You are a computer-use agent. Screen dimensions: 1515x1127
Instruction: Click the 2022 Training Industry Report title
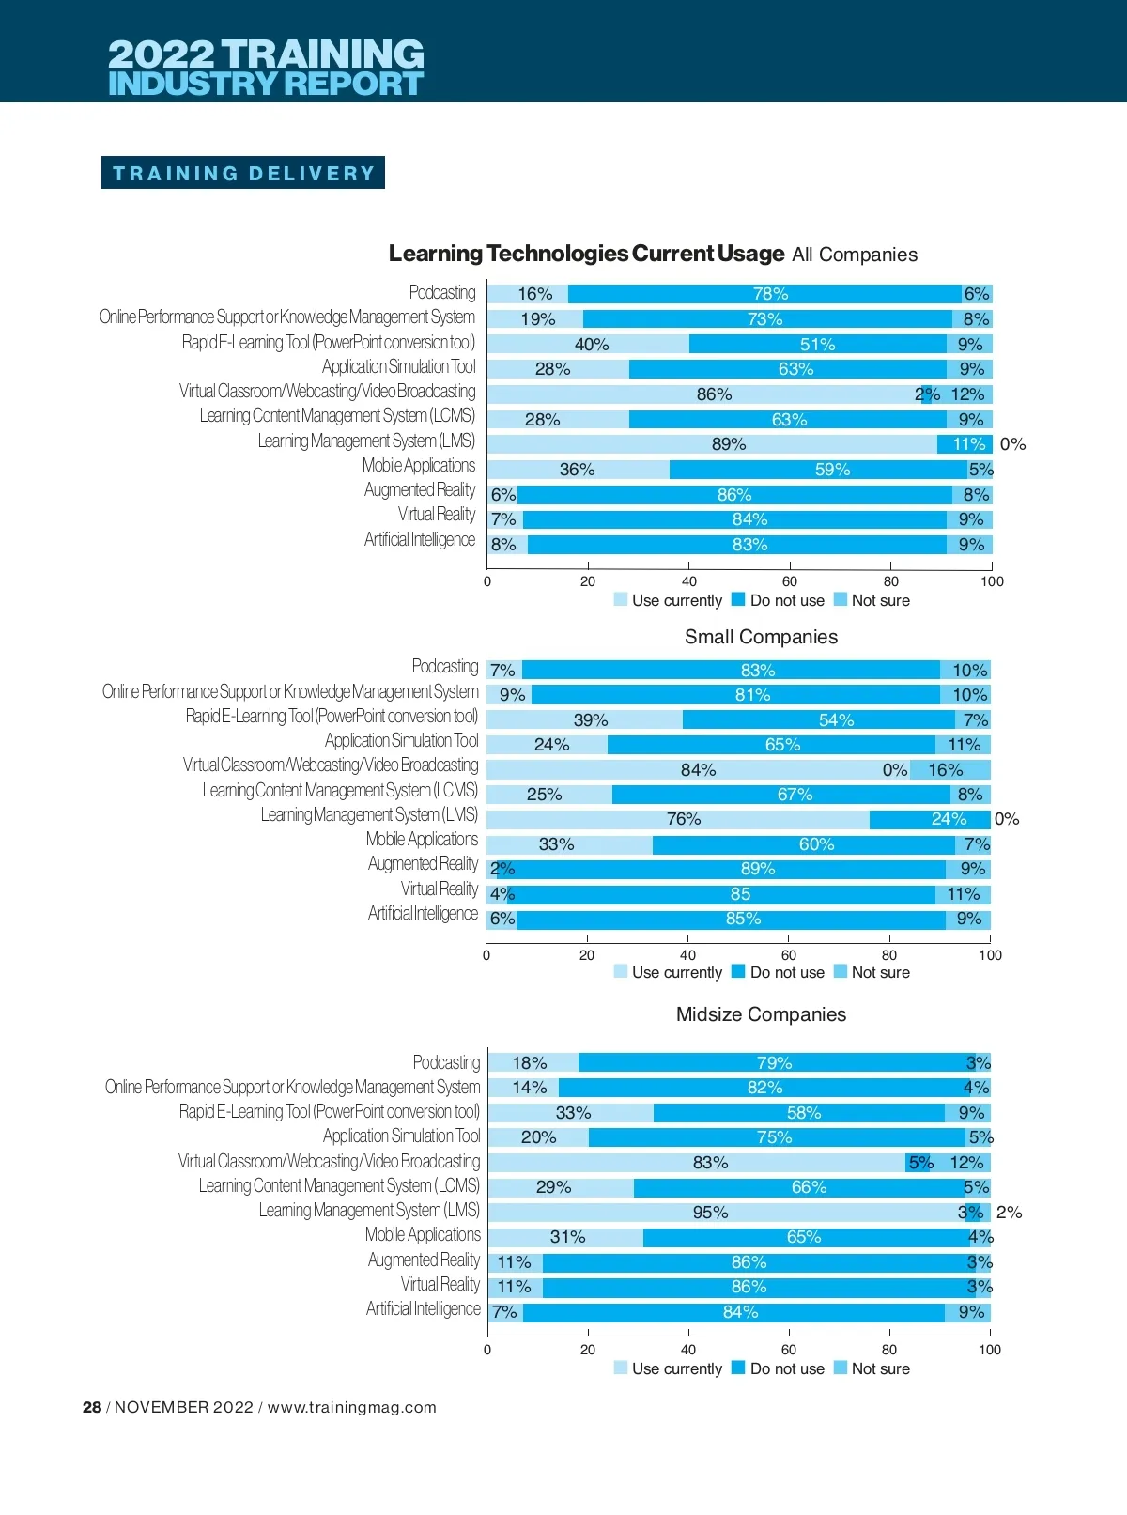(266, 67)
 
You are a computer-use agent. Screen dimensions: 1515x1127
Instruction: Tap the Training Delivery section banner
(243, 173)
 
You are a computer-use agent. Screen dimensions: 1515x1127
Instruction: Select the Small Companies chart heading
(761, 637)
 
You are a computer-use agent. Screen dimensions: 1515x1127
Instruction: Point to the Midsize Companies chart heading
(761, 1014)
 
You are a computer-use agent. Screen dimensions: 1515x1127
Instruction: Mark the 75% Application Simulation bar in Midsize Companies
(776, 1137)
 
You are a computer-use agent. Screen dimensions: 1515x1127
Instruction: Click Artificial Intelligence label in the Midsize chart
(423, 1309)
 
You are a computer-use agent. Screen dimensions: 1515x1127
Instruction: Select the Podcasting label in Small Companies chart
(445, 666)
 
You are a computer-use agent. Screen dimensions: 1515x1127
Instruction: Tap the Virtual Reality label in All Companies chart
(436, 514)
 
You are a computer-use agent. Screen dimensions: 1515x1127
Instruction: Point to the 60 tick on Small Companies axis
(789, 955)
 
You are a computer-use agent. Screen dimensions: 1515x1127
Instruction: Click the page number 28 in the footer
(92, 1407)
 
